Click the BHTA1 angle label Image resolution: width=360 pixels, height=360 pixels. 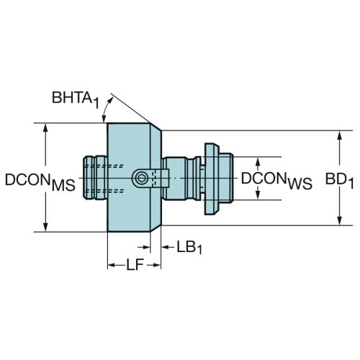(x=76, y=99)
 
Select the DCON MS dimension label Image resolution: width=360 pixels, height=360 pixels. (x=40, y=181)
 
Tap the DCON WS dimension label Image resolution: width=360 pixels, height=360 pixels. (x=276, y=181)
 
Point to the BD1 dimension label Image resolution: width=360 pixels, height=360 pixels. (x=339, y=181)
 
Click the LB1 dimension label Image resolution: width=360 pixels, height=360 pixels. (x=189, y=247)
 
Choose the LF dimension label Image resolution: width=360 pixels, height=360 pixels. (x=135, y=265)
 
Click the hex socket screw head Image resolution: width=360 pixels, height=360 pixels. (x=140, y=179)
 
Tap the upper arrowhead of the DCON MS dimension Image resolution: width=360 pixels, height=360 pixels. (x=45, y=127)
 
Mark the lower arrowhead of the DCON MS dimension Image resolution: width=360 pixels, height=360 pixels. (x=45, y=228)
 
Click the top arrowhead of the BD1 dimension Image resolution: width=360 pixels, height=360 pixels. (x=339, y=135)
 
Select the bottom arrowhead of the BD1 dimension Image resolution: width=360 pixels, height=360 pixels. (x=339, y=221)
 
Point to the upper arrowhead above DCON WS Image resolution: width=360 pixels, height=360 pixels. (x=258, y=162)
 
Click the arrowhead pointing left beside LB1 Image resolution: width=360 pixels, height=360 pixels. (x=166, y=247)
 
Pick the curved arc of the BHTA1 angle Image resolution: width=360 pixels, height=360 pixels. (x=107, y=108)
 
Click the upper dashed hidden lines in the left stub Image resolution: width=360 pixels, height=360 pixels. (x=104, y=166)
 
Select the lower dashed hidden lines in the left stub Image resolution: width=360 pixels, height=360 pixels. (x=104, y=191)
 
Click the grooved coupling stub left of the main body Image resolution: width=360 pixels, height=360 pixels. (x=95, y=178)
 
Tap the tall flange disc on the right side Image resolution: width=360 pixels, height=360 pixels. (x=211, y=179)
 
